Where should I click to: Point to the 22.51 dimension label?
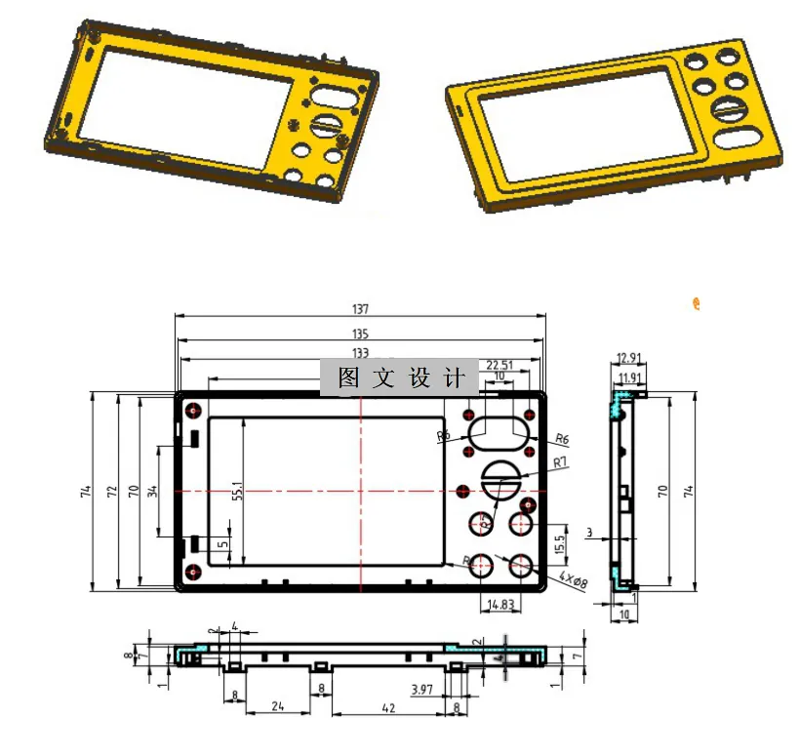[499, 365]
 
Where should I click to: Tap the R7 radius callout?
[560, 461]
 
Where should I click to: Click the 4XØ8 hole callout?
[575, 581]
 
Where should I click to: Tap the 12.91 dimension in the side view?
[628, 358]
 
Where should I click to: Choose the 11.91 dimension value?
[628, 377]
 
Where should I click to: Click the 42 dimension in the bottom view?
[390, 709]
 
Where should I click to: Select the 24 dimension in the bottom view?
[278, 709]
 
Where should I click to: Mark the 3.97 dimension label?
[421, 690]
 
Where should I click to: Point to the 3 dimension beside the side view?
[589, 532]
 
